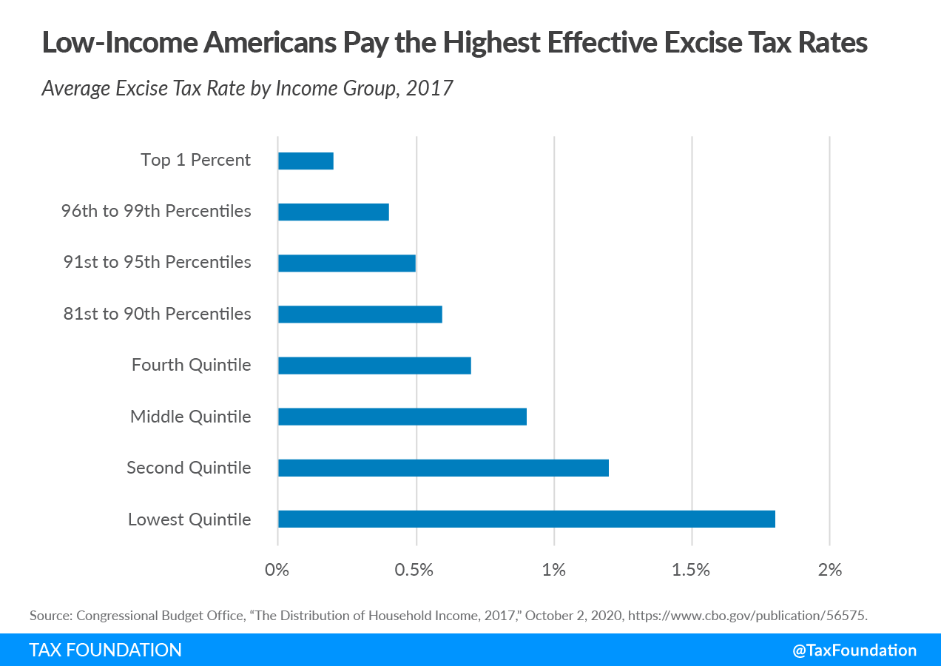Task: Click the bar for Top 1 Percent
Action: click(306, 161)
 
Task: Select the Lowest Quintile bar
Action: click(526, 519)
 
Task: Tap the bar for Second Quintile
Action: click(443, 468)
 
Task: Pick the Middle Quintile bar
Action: click(402, 417)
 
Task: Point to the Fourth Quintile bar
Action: click(374, 366)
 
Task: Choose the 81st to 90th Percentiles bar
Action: click(360, 314)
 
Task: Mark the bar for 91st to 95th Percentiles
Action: click(346, 263)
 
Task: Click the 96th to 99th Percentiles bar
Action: click(333, 212)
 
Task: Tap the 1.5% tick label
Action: click(691, 570)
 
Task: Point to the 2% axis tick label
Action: click(830, 570)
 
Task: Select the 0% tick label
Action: click(277, 570)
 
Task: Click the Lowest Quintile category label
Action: click(189, 519)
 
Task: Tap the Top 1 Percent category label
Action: click(196, 160)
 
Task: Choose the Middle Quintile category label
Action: click(191, 417)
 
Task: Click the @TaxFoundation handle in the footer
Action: click(854, 650)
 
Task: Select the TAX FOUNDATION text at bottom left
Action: click(105, 650)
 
